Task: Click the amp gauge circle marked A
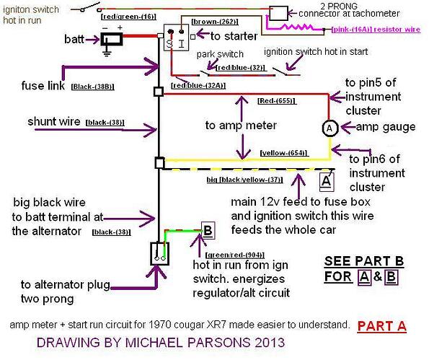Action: tap(330, 128)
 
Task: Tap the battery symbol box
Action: tap(112, 39)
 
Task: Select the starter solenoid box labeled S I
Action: tap(176, 38)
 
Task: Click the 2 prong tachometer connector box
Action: tap(278, 13)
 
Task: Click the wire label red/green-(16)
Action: tap(128, 17)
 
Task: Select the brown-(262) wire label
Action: tap(215, 22)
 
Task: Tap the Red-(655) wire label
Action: tap(277, 101)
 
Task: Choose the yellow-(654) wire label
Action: tap(284, 153)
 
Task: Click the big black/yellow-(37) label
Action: tap(244, 180)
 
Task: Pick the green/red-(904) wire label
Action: tap(235, 255)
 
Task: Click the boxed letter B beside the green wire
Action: tap(208, 230)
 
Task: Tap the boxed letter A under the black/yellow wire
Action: tap(327, 182)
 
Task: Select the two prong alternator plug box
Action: tap(160, 253)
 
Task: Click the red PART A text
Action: tap(381, 326)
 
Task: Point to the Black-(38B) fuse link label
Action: tap(92, 87)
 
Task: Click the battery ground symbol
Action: tap(107, 51)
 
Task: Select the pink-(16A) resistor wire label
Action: tap(376, 30)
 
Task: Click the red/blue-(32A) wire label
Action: tap(198, 86)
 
